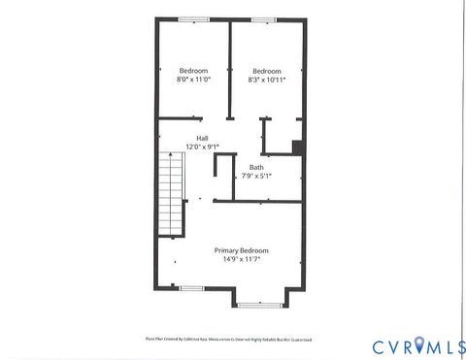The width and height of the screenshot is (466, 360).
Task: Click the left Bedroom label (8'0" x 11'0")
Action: (193, 71)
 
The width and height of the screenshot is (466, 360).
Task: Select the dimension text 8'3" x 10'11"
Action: (267, 81)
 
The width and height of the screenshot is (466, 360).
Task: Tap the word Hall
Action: (202, 138)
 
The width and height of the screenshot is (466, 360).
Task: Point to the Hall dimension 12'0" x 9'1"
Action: (202, 147)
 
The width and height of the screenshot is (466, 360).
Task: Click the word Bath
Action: (256, 167)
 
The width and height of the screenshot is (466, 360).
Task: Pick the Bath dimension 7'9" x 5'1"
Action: (256, 176)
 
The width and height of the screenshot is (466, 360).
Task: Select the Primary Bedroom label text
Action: (242, 250)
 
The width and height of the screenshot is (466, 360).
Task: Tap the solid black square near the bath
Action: (298, 147)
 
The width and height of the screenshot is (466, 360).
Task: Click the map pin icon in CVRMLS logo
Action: (419, 344)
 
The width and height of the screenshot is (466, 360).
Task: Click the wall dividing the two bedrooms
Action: (229, 68)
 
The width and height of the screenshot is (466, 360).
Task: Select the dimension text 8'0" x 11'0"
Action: (193, 81)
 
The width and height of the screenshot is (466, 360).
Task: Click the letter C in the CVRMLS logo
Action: (379, 345)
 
